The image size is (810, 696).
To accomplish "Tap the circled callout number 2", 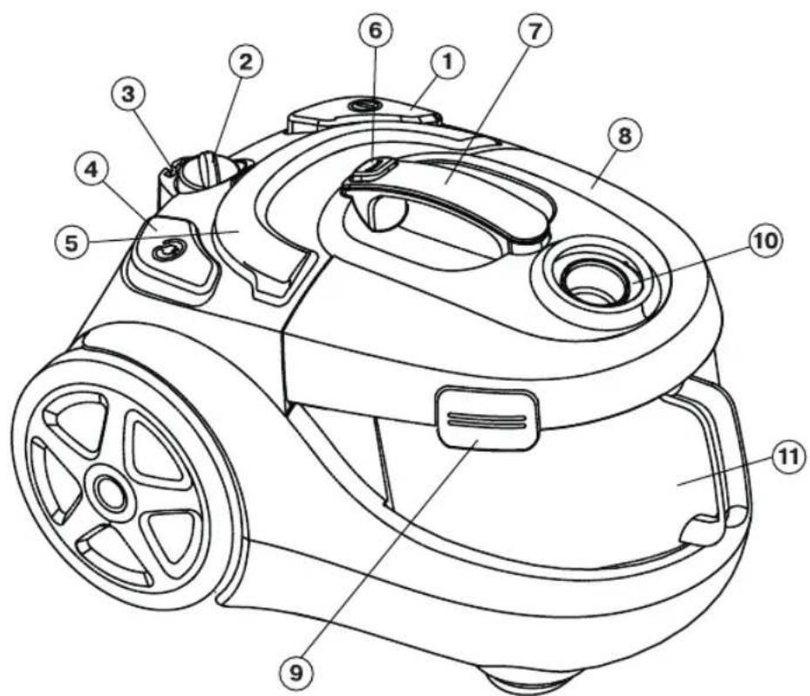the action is pyautogui.click(x=245, y=63).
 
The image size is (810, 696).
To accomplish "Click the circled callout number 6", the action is pyautogui.click(x=376, y=31).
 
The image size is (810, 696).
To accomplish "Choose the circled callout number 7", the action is pyautogui.click(x=534, y=31).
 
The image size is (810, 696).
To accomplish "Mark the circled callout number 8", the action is pyautogui.click(x=625, y=136).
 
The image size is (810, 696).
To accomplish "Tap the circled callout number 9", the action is pyautogui.click(x=296, y=673).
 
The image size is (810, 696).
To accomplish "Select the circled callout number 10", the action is pyautogui.click(x=765, y=242).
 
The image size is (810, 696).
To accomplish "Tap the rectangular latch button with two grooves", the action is pyautogui.click(x=487, y=416).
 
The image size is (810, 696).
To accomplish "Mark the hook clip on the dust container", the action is pyautogui.click(x=705, y=529).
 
